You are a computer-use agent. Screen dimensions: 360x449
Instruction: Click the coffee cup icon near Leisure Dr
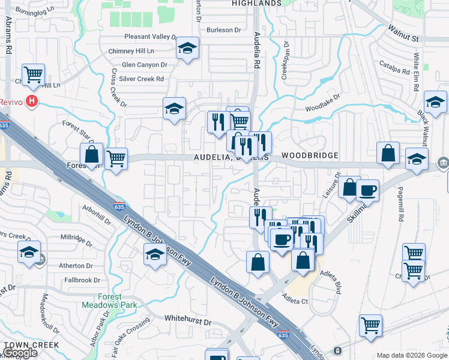[367, 190]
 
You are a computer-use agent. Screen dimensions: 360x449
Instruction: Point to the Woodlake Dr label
[322, 102]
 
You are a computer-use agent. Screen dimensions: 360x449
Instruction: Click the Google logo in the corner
[20, 353]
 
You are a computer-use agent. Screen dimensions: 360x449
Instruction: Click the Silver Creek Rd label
[142, 79]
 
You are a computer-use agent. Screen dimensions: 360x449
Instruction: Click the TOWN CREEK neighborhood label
[31, 345]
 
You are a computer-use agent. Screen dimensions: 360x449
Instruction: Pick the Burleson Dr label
[223, 29]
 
